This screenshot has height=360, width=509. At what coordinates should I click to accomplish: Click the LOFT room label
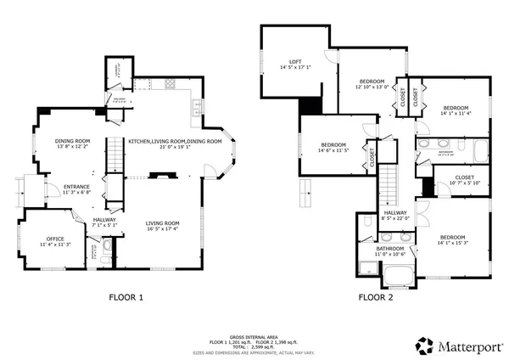click(x=295, y=62)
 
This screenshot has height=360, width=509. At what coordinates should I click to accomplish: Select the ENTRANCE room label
click(x=76, y=188)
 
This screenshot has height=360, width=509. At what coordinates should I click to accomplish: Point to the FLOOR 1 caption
click(x=127, y=297)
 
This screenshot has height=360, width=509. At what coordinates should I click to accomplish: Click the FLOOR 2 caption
click(x=376, y=297)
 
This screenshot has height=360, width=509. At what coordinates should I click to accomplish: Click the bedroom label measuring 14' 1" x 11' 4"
click(x=456, y=108)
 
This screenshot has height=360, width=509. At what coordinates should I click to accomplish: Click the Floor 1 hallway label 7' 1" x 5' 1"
click(x=105, y=222)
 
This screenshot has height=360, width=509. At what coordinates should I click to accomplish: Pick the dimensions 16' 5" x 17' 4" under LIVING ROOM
click(x=162, y=228)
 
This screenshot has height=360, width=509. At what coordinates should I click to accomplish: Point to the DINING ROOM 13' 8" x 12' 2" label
click(x=73, y=143)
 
